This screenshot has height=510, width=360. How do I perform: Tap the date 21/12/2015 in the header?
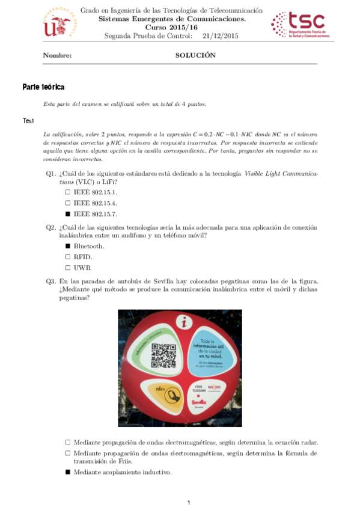pos(221,36)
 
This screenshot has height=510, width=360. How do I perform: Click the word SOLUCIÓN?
pos(195,55)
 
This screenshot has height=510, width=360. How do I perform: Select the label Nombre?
pos(57,55)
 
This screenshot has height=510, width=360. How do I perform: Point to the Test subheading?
pos(28,121)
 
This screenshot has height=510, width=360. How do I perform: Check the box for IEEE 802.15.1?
pos(68,192)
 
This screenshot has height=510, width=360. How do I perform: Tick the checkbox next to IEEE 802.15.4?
pos(68,203)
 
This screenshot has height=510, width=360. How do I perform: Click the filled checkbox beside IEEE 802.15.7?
pos(68,214)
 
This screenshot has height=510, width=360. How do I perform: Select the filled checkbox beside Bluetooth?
pos(68,246)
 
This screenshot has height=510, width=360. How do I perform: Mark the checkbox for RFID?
pos(68,257)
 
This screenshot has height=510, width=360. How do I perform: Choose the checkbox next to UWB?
pos(68,268)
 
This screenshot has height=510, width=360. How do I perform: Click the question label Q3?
pos(51,281)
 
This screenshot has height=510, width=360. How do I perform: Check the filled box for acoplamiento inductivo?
pos(68,472)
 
